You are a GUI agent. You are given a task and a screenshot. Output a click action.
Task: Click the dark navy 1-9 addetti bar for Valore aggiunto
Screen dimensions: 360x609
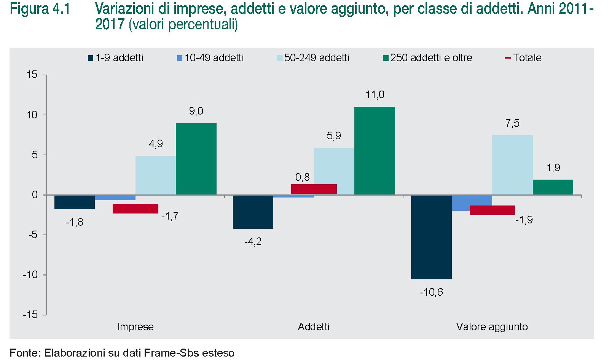point(431,237)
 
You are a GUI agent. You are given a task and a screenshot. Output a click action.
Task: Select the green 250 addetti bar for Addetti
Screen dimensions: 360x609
point(375,151)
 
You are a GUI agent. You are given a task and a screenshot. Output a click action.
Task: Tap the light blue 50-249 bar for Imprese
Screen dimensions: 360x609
point(155,175)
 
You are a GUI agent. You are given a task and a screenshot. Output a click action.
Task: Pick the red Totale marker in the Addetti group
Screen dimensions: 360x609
point(314,189)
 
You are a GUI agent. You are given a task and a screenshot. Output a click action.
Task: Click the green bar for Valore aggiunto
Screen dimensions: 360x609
point(553,187)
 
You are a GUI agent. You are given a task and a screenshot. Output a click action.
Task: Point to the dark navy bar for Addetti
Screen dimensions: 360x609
point(253,212)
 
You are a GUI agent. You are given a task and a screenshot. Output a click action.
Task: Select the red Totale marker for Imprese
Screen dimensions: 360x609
point(135,209)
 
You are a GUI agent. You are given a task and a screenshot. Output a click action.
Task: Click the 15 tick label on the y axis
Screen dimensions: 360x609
point(32,75)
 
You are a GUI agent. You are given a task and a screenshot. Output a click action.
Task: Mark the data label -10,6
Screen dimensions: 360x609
point(431,292)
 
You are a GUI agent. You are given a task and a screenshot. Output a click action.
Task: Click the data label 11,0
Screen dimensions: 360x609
point(375,95)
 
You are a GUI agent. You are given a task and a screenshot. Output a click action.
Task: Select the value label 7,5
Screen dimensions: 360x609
point(512,123)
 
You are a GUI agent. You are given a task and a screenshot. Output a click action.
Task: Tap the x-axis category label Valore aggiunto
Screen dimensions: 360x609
point(492,327)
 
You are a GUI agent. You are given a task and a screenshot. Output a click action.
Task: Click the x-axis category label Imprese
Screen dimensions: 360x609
point(135,327)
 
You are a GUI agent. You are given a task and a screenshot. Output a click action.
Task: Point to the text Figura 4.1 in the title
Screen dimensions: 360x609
point(40,9)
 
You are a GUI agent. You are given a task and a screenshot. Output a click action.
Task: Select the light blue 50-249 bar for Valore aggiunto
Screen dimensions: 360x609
point(512,165)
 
